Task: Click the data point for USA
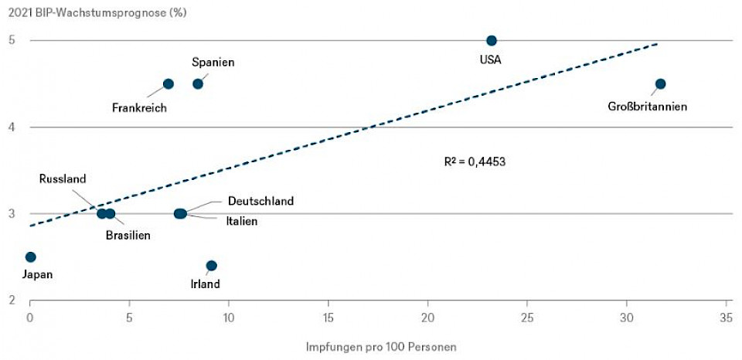point(492,40)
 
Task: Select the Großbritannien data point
point(660,83)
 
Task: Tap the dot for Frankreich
point(168,83)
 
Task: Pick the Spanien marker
point(198,83)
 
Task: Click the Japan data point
point(31,256)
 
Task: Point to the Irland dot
point(212,266)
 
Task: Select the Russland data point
point(102,213)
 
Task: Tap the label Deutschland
point(260,202)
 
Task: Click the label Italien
point(242,221)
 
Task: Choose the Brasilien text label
point(128,235)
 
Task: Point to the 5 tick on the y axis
point(12,40)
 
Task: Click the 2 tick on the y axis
point(12,300)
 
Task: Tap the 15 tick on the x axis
point(328,317)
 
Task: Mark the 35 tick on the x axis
point(727,317)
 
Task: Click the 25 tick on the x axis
point(527,317)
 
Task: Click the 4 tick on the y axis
point(12,127)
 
